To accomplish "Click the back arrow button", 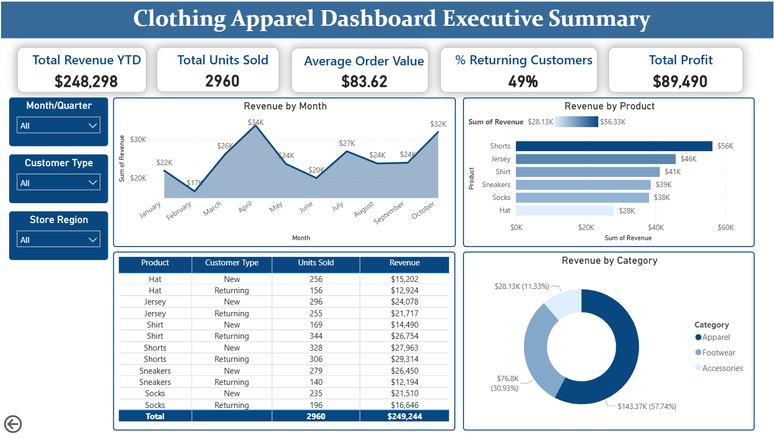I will (13, 424).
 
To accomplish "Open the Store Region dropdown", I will (58, 240).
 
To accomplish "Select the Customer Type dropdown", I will (58, 183).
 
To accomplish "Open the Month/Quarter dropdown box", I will (58, 125).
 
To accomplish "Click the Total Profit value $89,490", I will (680, 81).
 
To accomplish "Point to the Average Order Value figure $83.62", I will (364, 81).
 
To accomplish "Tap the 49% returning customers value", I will (523, 81).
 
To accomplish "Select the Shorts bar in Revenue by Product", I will (614, 146).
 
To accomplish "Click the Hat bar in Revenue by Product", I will (564, 211).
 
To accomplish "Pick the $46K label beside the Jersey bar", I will (688, 159).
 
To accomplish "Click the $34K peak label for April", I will (256, 122).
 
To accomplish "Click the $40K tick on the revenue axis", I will (655, 228).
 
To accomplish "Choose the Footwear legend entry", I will (718, 353).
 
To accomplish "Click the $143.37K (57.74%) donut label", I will (646, 406).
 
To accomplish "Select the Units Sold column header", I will (315, 263).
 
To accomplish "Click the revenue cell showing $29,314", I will (404, 359).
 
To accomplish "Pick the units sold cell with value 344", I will (315, 336).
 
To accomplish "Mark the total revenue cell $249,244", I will (404, 416).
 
